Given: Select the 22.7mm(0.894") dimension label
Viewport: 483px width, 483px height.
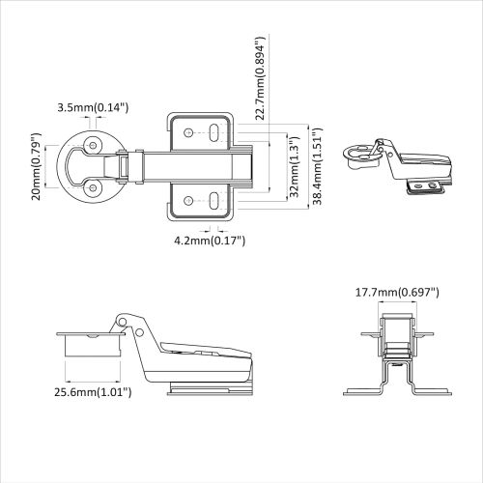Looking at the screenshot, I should [258, 81].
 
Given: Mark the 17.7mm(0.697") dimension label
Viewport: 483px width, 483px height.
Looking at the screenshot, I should [397, 292].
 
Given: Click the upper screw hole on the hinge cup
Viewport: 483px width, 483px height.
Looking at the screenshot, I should [94, 144].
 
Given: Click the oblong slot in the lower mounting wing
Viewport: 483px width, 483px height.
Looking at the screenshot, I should [213, 200].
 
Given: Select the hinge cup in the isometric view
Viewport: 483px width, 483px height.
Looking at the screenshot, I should [362, 152].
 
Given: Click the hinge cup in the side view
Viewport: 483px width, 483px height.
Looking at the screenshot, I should [87, 343].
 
